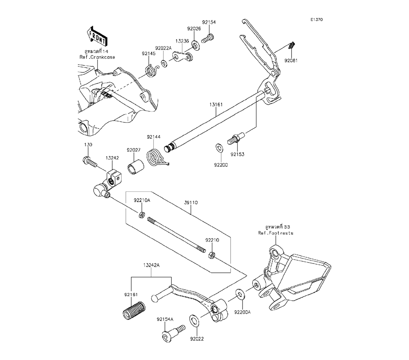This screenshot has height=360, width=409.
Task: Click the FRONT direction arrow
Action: coord(97,36)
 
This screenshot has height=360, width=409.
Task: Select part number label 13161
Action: coord(216,105)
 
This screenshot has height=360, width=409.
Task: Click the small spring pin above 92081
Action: coord(292,45)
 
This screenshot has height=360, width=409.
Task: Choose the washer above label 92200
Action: coord(218,147)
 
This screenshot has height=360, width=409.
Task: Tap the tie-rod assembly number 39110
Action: coord(191,202)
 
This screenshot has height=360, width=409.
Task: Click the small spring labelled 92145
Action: coord(152,71)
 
